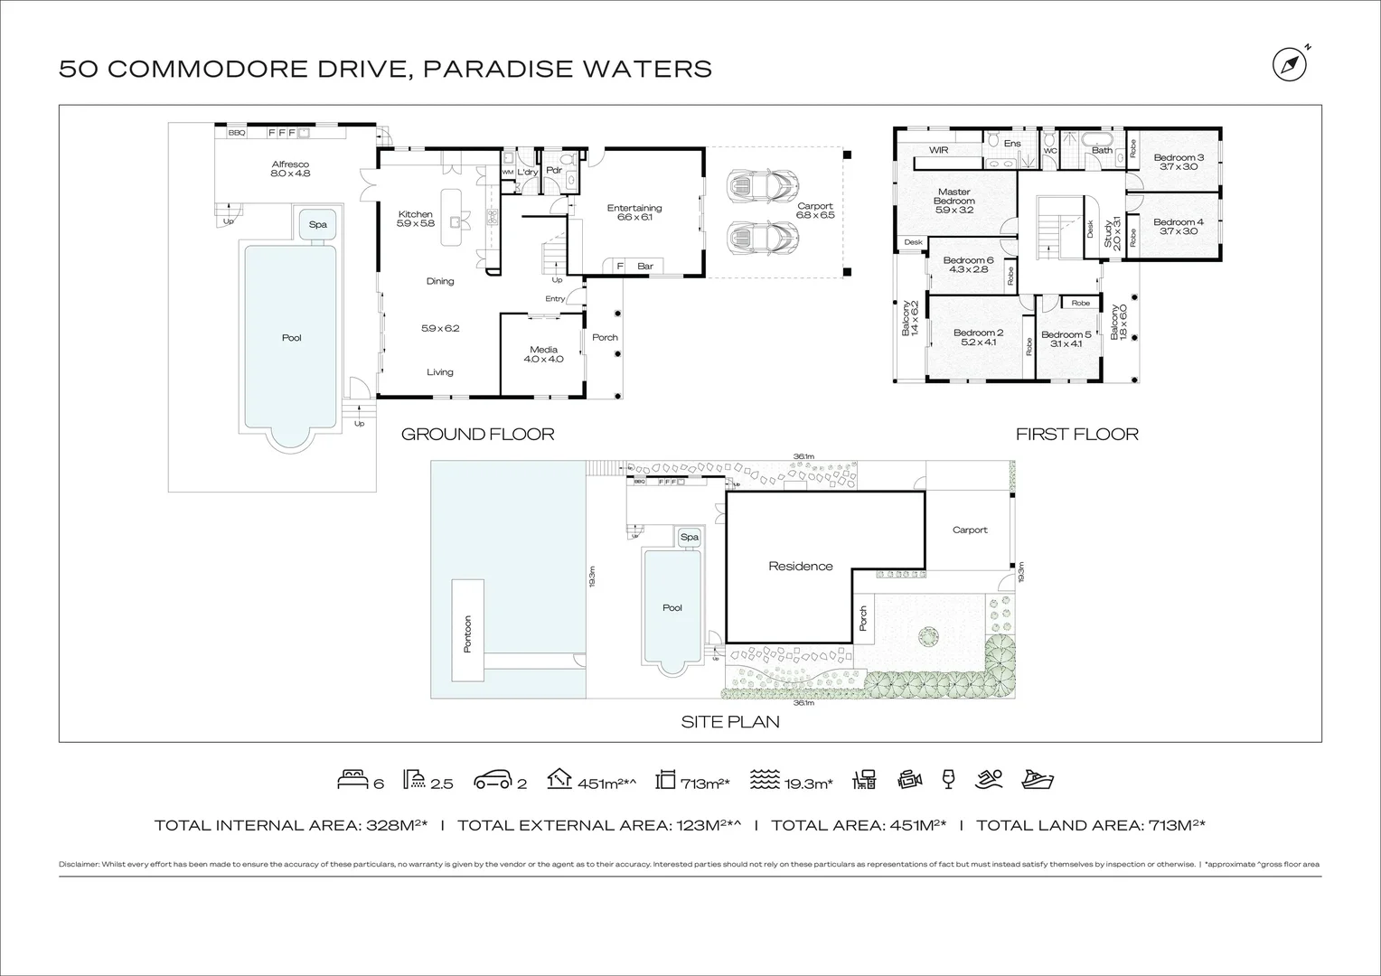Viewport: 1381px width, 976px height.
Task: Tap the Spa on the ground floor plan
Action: tap(317, 224)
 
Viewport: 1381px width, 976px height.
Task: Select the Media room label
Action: tap(543, 350)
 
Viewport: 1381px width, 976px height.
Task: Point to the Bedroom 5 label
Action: tap(1066, 334)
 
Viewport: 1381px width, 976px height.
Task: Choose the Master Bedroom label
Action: tap(954, 196)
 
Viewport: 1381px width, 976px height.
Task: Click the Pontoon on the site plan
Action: tap(467, 634)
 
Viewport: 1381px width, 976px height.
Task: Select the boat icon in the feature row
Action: tap(1038, 780)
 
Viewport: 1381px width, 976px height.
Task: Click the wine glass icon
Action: tap(948, 779)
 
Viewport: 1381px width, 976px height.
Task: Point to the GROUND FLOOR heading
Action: tap(477, 435)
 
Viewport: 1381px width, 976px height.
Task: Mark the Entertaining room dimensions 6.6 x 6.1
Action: tap(634, 217)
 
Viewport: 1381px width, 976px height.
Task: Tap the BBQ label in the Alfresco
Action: tap(236, 133)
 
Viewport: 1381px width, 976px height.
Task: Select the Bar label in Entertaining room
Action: tap(645, 266)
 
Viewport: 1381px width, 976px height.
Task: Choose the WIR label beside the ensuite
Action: tap(938, 150)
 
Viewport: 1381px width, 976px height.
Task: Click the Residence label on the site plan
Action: tap(800, 566)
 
